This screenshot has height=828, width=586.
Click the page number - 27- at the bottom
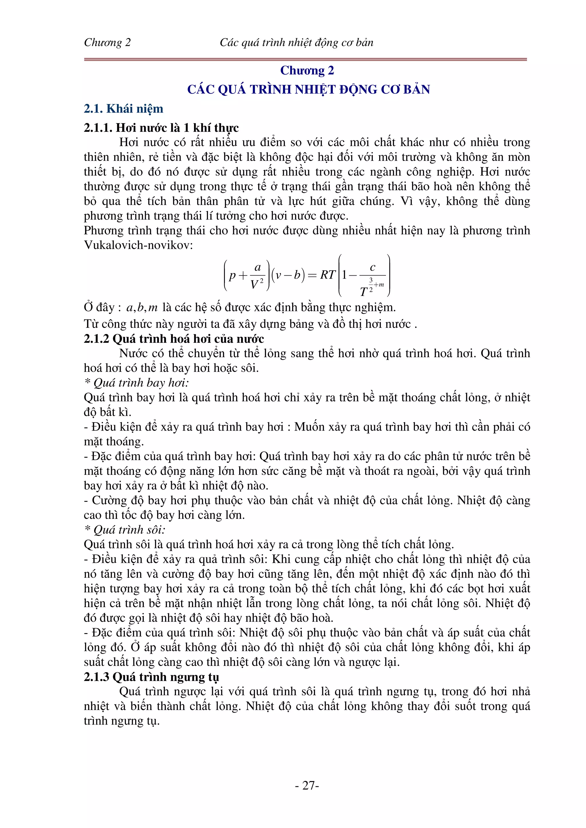[306, 785]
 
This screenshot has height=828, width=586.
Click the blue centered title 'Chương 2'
[307, 70]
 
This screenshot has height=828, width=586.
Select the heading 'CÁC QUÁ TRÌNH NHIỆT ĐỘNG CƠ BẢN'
[308, 89]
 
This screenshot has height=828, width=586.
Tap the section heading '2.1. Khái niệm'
[124, 109]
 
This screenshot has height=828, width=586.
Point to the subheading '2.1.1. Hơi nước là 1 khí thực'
[161, 128]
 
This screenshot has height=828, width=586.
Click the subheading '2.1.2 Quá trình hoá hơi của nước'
[174, 339]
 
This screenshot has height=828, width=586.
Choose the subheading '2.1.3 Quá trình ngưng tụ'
[151, 677]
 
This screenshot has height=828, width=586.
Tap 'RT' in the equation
[328, 275]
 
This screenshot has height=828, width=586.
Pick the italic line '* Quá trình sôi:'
[124, 529]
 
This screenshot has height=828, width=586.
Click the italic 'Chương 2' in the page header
[107, 43]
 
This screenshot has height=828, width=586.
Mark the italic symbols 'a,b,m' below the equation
[142, 308]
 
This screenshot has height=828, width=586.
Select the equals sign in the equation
[313, 275]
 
